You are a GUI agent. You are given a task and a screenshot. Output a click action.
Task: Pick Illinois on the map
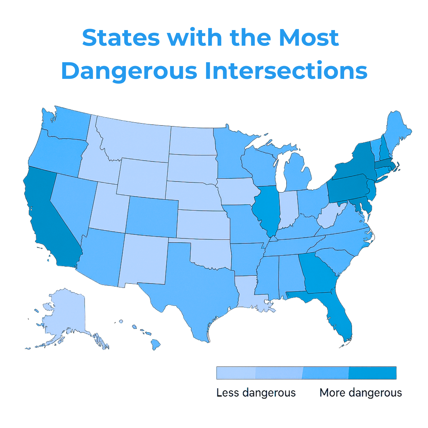pos(267,209)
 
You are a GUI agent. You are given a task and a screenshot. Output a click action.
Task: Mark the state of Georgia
pos(318,273)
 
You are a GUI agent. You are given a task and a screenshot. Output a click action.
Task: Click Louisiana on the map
pos(247,293)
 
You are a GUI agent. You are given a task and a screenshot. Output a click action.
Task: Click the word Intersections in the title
pos(286,71)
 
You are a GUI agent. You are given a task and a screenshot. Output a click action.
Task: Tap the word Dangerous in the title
pos(129,71)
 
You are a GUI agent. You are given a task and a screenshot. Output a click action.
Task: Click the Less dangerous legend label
pos(256,393)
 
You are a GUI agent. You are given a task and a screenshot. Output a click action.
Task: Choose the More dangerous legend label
pos(361,393)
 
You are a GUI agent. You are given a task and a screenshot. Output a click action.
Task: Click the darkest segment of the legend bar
pos(372,373)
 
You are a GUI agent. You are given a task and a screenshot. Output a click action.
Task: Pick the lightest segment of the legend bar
pos(236,373)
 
